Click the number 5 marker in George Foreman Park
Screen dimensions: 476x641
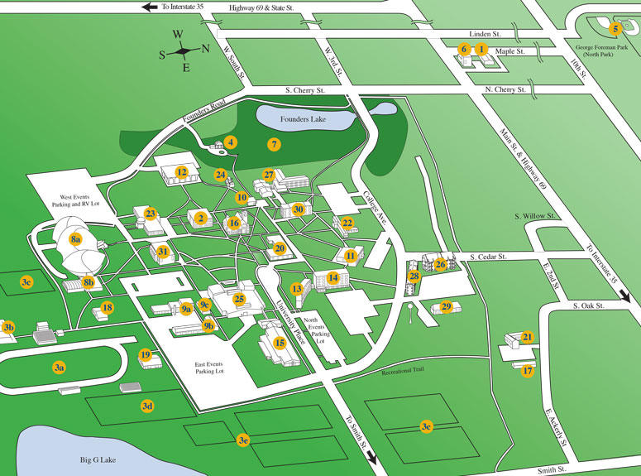click(x=615, y=29)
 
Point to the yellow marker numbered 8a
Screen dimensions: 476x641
click(x=75, y=239)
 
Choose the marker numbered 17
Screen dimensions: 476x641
click(x=527, y=371)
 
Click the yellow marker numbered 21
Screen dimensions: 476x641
click(x=527, y=337)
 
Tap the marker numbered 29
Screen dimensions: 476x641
click(x=447, y=307)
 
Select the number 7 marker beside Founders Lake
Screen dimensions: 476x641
click(x=274, y=144)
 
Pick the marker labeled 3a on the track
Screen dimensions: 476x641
click(x=59, y=366)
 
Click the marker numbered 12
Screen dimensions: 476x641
click(x=180, y=172)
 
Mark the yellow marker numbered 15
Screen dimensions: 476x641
click(x=280, y=342)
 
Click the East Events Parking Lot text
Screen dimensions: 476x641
click(x=219, y=367)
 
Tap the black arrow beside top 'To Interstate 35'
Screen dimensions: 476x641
click(x=150, y=7)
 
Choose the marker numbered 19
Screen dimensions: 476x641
click(x=146, y=355)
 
